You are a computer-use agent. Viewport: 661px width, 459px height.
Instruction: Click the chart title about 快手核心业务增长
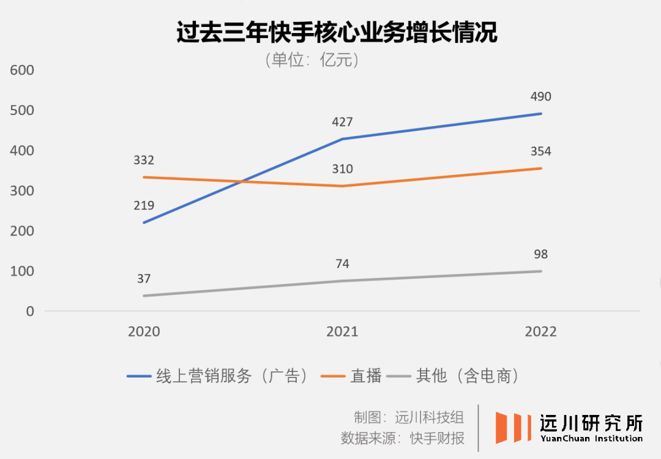(x=336, y=33)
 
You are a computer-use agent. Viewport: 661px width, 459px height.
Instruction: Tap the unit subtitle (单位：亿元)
(x=312, y=61)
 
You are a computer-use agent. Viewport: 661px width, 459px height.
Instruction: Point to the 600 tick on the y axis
(x=21, y=70)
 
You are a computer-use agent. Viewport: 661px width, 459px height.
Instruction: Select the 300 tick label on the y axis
(x=21, y=191)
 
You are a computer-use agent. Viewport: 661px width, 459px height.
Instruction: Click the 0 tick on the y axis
(x=29, y=312)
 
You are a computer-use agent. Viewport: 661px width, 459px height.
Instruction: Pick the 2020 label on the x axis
(x=144, y=332)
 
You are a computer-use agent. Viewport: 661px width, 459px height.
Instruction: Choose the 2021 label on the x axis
(x=342, y=332)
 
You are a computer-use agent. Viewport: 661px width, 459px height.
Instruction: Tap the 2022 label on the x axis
(x=541, y=332)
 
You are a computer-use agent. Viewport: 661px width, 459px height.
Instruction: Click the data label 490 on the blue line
(x=541, y=97)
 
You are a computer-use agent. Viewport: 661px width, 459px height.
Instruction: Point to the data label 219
(x=144, y=206)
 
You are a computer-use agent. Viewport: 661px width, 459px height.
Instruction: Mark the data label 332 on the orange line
(x=144, y=160)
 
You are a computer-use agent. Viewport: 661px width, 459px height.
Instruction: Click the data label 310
(x=342, y=170)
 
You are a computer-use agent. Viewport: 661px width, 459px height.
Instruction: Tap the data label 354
(x=541, y=152)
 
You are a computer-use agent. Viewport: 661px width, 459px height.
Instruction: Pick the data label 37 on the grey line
(x=144, y=279)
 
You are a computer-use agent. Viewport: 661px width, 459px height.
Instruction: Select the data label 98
(x=541, y=255)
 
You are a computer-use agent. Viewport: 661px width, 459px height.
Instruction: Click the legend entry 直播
(x=365, y=376)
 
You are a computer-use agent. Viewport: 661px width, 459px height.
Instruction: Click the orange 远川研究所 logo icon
(x=513, y=427)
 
